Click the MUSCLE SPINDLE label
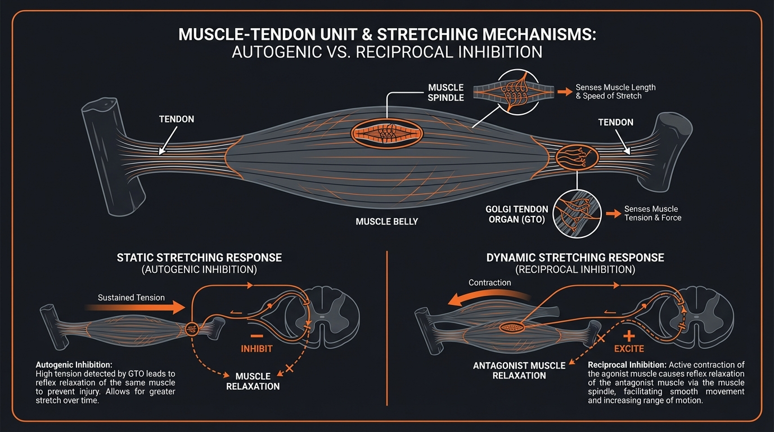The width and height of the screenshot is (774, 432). point(445,92)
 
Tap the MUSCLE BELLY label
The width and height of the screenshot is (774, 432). point(386,222)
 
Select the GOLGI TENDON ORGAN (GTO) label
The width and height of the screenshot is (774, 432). point(515,214)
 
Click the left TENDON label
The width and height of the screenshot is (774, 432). point(177,119)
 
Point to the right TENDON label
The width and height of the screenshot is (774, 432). point(615,122)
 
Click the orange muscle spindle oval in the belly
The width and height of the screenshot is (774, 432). point(387,133)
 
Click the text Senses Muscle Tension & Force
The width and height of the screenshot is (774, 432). point(652,213)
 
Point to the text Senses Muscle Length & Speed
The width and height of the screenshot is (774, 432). point(615,92)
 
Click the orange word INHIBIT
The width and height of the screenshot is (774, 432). point(256,349)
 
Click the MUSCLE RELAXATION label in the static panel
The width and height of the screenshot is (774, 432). point(253,381)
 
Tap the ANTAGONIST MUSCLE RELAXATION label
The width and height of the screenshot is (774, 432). point(519,370)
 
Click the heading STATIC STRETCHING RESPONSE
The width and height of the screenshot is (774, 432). point(199,258)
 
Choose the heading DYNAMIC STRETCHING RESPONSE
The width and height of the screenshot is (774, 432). point(575,258)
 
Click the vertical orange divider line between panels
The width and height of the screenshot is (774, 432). point(388,326)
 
